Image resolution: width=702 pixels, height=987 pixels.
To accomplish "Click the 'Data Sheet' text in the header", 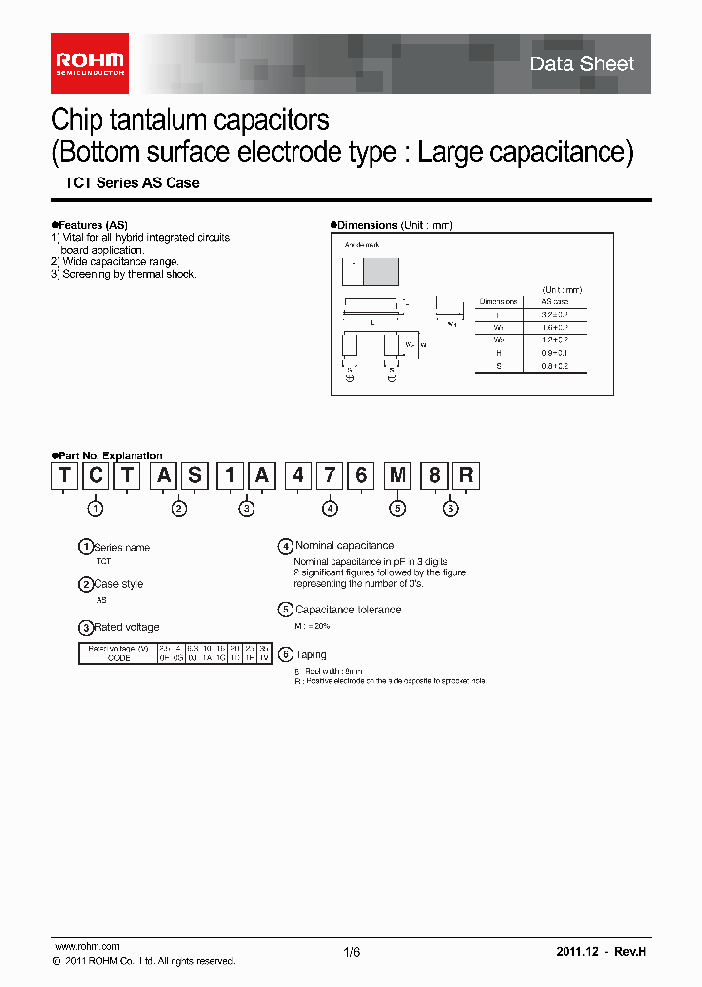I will click(x=581, y=64).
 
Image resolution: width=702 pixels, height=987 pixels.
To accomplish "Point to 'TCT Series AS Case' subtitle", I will click(x=132, y=183).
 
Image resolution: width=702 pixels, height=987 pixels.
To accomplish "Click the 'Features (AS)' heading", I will click(x=92, y=225).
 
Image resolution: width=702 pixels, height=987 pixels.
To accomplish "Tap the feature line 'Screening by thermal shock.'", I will click(x=123, y=274).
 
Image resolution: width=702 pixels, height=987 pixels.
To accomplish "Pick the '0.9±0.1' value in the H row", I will click(x=554, y=352).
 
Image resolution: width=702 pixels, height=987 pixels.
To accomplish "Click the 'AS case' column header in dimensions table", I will click(x=554, y=301).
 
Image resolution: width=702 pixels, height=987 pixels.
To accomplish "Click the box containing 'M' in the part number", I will click(x=397, y=475).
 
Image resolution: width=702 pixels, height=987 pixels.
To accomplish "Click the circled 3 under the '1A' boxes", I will click(x=247, y=508).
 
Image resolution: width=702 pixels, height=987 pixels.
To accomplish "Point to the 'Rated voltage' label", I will click(x=127, y=627).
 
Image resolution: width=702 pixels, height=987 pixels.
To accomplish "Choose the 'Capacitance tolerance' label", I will click(x=348, y=610).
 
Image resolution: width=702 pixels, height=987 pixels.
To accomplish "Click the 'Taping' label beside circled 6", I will click(x=311, y=654).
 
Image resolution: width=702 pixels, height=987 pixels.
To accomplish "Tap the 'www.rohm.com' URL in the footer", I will click(x=87, y=946).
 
